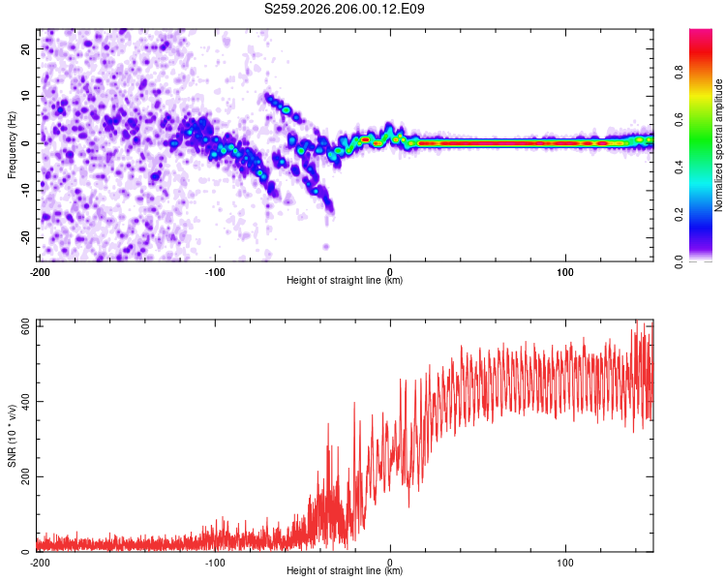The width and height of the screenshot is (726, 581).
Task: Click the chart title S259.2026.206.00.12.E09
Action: (344, 9)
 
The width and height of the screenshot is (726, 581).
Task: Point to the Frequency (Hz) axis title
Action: (12, 145)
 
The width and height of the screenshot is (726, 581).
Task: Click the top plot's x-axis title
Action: (345, 280)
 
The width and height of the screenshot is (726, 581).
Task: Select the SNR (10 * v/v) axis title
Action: (12, 436)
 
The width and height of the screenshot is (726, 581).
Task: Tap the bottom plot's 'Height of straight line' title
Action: (345, 570)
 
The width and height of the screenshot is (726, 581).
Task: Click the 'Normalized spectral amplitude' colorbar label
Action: (718, 145)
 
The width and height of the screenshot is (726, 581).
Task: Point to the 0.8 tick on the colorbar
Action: (679, 73)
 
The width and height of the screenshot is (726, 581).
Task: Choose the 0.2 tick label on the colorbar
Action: (679, 215)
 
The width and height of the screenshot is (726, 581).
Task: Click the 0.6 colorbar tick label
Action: (679, 119)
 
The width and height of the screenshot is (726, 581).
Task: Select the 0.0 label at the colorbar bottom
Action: (679, 261)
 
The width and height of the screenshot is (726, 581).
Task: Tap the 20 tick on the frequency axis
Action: (26, 48)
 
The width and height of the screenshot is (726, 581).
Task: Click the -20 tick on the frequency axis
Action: (26, 237)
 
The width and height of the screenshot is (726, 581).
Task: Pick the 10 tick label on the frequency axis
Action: (26, 96)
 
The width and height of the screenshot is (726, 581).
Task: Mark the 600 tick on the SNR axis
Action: (26, 326)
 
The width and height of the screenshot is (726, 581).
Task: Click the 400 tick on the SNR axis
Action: (26, 401)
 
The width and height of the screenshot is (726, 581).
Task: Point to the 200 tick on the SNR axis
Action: (26, 476)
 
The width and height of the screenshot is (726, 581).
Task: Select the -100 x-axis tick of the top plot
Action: (215, 272)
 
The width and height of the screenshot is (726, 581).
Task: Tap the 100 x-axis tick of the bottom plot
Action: (565, 563)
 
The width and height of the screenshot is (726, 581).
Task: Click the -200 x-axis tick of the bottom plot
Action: (40, 563)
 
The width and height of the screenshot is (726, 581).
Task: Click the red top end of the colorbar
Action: (701, 31)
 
